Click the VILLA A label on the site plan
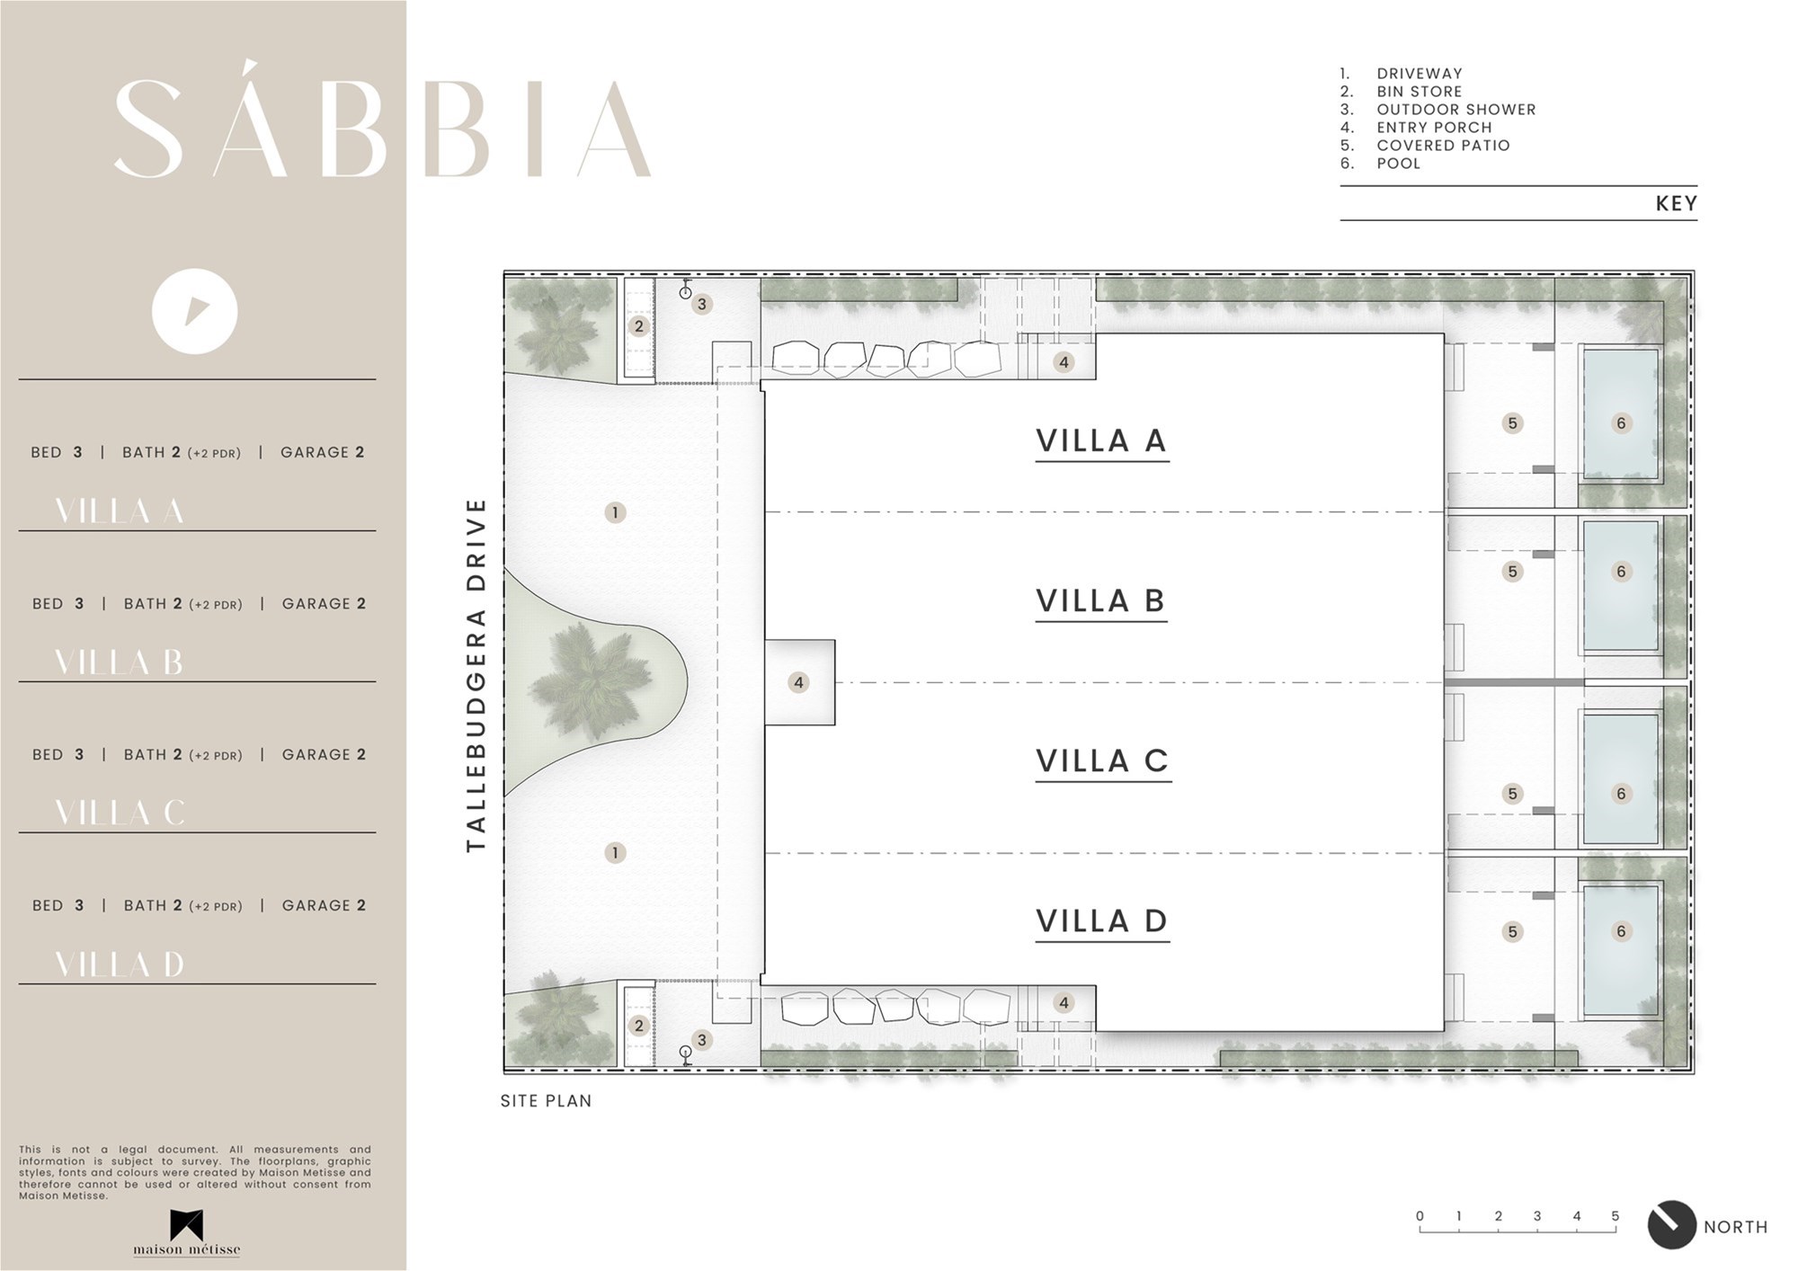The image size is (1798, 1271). tap(1101, 440)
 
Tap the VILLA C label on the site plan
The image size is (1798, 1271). tap(1102, 760)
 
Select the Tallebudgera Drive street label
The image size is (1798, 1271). tap(476, 675)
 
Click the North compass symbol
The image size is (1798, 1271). tap(1671, 1225)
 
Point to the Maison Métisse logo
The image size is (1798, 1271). tap(187, 1232)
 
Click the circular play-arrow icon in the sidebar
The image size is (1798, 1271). tap(194, 312)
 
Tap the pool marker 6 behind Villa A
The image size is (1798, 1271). tap(1621, 422)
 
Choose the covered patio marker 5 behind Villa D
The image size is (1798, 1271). tap(1512, 932)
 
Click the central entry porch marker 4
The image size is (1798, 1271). tap(798, 682)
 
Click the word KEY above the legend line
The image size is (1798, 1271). tap(1677, 204)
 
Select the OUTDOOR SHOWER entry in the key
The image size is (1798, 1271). tap(1456, 110)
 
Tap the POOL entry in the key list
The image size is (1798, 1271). tap(1399, 164)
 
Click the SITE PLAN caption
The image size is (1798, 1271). tap(547, 1100)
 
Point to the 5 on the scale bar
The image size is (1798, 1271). tap(1616, 1216)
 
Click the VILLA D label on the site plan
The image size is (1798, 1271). tap(1102, 920)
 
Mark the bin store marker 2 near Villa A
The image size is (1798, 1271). tap(639, 326)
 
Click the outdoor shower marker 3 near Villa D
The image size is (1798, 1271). tap(702, 1040)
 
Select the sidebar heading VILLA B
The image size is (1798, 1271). tap(119, 662)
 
